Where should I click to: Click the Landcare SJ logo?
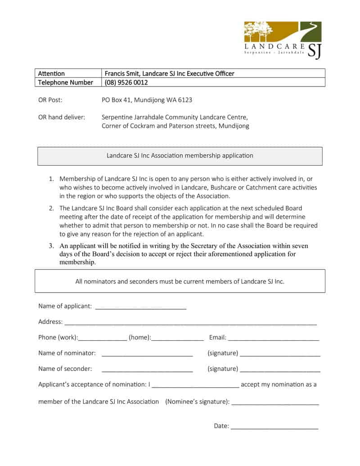pyautogui.click(x=283, y=40)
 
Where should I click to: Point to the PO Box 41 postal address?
pyautogui.click(x=147, y=100)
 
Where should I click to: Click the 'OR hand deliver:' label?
pyautogui.click(x=62, y=117)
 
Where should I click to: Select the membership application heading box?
pyautogui.click(x=180, y=156)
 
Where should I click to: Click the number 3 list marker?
pyautogui.click(x=51, y=246)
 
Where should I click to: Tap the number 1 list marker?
pyautogui.click(x=51, y=179)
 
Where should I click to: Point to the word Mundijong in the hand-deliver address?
pyautogui.click(x=234, y=126)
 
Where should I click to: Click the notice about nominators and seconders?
pyautogui.click(x=180, y=281)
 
